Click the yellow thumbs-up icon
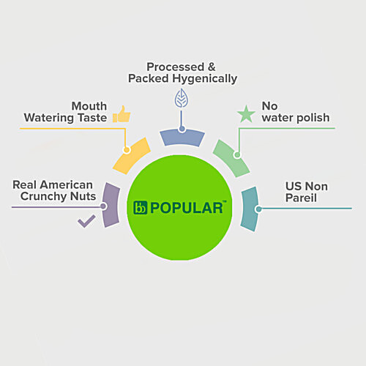tap(122, 114)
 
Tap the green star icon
tap(246, 114)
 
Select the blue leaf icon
tap(182, 98)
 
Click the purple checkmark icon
tap(86, 221)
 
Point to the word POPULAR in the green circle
tap(187, 208)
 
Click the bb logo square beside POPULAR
tap(141, 208)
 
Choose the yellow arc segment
tap(132, 156)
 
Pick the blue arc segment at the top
tap(182, 138)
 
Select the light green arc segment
tap(231, 158)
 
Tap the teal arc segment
tap(250, 209)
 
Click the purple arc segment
tap(111, 205)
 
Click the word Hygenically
tap(205, 79)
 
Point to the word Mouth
tap(89, 106)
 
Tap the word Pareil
tap(301, 198)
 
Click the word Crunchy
tap(44, 196)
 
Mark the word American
tap(67, 184)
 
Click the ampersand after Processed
tap(212, 67)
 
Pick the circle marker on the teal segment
tap(259, 209)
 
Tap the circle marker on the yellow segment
tap(127, 149)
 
